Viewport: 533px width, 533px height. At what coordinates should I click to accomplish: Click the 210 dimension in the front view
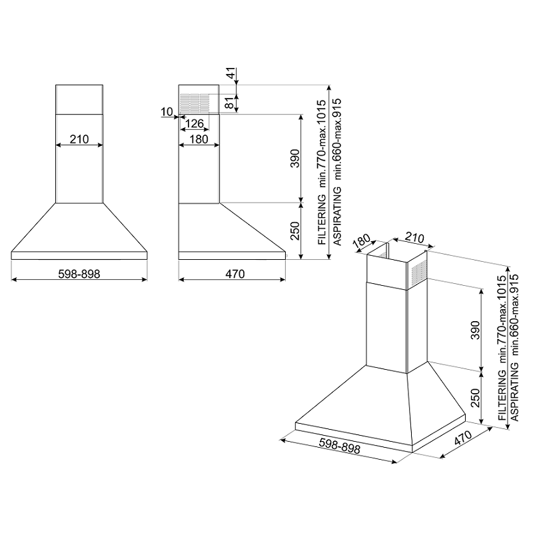pos(79,139)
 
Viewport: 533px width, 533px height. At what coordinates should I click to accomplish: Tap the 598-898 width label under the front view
pos(79,274)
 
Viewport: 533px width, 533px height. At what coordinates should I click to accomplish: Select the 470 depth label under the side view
pos(235,274)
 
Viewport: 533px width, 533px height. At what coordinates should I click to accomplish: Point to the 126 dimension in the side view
pos(195,123)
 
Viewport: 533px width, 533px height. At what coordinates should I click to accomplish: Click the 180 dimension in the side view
pos(199,139)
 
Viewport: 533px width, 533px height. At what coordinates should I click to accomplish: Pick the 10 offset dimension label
pos(167,111)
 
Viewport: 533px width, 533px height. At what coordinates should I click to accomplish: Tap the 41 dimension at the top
pos(231,74)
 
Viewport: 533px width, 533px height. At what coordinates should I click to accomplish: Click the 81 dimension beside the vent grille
pos(231,103)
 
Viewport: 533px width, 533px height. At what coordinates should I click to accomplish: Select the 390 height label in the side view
pos(294,159)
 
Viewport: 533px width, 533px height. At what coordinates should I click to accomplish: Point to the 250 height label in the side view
pos(294,231)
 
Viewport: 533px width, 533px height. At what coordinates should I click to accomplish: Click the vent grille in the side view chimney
pos(195,103)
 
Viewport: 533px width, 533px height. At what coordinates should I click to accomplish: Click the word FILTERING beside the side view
pos(322,220)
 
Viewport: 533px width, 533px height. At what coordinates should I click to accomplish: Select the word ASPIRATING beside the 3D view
pos(514,392)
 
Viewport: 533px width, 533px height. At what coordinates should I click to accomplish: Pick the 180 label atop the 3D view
pos(362,242)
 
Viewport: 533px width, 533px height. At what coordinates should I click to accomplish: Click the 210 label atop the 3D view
pos(414,238)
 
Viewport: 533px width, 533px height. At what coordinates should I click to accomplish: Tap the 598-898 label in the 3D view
pos(340,446)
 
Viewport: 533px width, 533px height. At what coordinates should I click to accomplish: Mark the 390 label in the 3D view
pos(475,330)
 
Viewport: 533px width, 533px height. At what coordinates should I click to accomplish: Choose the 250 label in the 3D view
pos(475,397)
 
